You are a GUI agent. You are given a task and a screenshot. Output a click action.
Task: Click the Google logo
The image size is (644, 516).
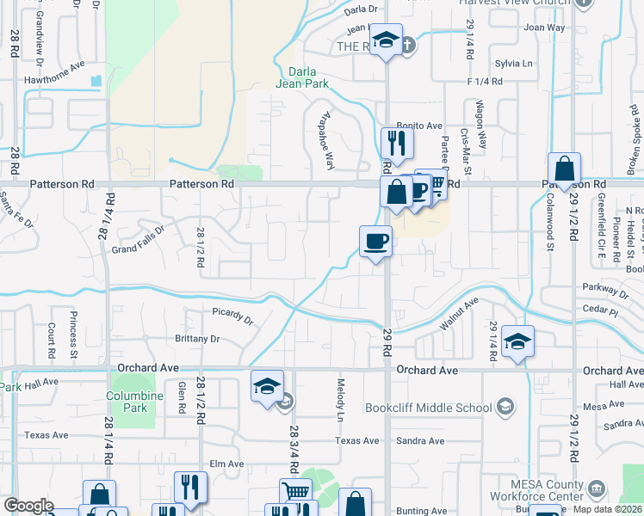click(28, 506)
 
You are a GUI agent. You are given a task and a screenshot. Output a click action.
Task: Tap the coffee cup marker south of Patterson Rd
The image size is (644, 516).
click(375, 242)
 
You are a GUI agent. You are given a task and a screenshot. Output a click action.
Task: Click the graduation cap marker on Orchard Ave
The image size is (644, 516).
click(268, 386)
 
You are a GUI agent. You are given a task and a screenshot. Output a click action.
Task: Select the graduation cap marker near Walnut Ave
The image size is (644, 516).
click(517, 341)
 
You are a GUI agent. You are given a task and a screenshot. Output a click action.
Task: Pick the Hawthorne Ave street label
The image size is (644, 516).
click(55, 64)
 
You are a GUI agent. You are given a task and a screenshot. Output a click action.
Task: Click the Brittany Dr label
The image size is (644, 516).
click(197, 339)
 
